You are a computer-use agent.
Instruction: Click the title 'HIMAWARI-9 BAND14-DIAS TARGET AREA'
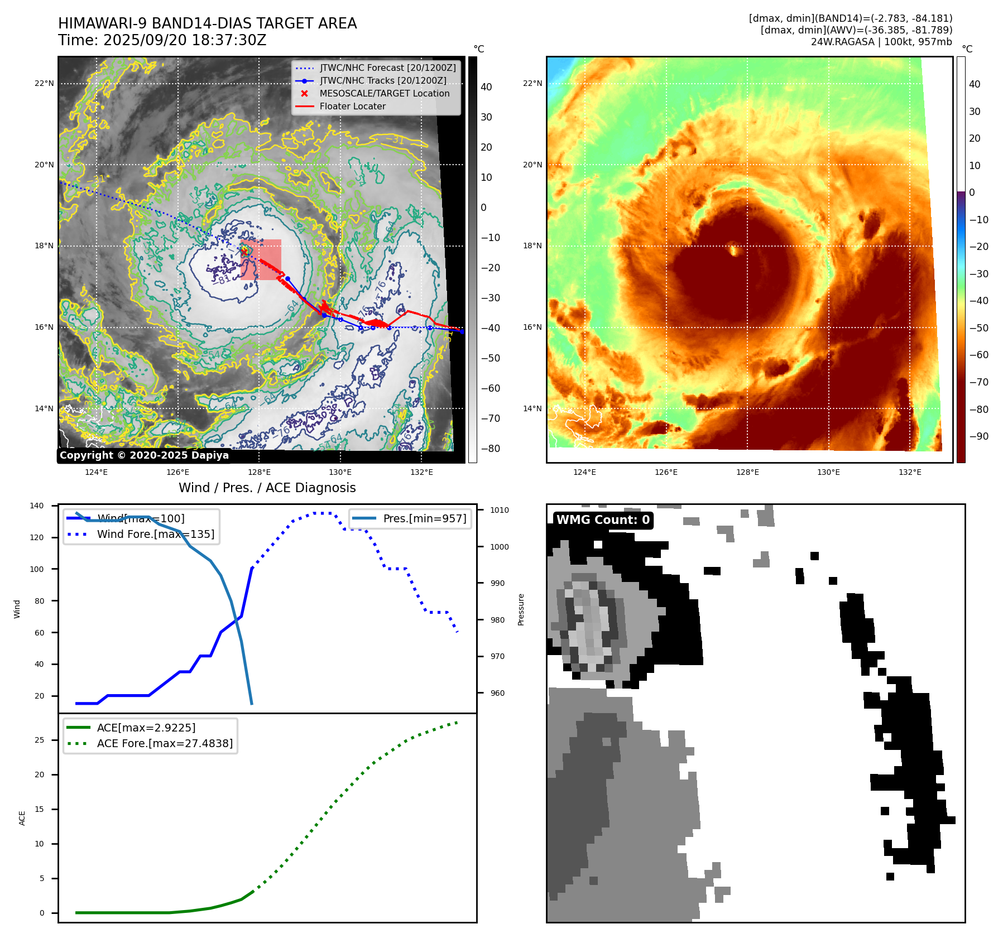207,23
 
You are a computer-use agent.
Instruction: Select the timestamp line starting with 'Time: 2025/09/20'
162,40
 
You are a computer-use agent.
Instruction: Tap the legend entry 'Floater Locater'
352,107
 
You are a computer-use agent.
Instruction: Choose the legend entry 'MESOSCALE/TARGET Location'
384,94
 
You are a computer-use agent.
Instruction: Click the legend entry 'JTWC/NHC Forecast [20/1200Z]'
387,68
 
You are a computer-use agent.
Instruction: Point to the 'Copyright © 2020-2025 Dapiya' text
144,455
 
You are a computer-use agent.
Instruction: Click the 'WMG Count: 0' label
603,520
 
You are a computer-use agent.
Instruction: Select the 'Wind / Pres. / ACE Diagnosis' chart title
267,488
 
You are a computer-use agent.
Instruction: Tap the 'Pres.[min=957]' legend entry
424,518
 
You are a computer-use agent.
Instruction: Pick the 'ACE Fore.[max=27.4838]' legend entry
165,743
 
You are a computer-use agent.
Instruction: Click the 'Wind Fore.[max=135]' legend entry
155,534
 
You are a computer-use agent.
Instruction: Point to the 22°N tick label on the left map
44,84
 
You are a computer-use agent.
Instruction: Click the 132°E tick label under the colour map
910,473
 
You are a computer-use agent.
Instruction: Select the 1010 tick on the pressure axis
500,510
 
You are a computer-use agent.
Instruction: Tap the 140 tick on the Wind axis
37,506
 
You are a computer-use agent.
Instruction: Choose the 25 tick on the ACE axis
39,740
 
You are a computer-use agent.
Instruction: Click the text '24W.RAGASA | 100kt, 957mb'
881,42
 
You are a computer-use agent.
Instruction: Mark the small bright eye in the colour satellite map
734,250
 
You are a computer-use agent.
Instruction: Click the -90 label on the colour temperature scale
978,436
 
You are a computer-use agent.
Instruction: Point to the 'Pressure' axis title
521,609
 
